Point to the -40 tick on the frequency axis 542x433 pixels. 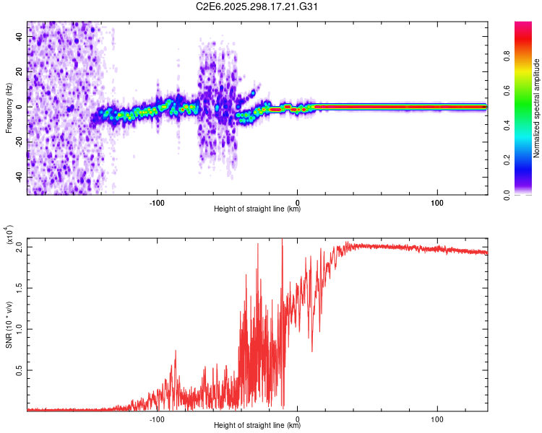pos(17,177)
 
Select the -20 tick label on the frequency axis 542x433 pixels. pos(17,142)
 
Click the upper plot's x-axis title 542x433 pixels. pos(257,209)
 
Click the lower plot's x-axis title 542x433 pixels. pos(257,425)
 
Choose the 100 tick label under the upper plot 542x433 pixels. pos(436,201)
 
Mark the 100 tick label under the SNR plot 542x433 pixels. pos(436,418)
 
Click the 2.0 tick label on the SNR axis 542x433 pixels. pos(20,247)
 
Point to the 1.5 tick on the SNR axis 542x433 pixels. pos(20,287)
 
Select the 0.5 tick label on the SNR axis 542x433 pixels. pos(20,369)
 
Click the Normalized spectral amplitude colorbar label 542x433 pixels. pos(537,108)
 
